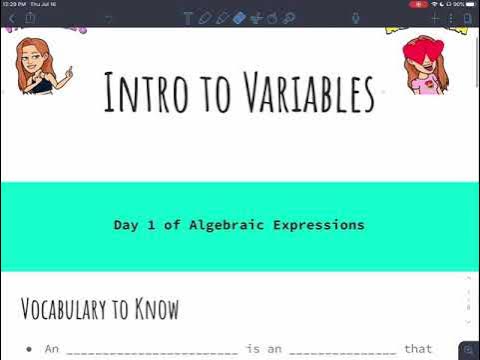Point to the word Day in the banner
click(126, 225)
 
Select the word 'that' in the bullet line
click(418, 348)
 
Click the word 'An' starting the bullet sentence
click(53, 348)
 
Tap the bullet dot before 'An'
click(30, 348)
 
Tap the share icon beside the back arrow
click(30, 18)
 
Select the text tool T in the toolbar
click(188, 18)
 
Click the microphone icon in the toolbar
click(355, 18)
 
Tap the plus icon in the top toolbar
click(435, 18)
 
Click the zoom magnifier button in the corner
click(467, 349)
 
